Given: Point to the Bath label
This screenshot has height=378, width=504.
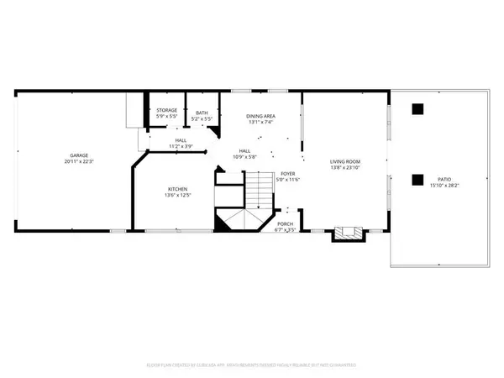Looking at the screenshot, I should (202, 113).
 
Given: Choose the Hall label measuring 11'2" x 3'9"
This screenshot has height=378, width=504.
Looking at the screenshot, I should (181, 140).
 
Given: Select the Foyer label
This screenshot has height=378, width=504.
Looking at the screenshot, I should (288, 173).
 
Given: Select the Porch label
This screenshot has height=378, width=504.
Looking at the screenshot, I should (286, 223).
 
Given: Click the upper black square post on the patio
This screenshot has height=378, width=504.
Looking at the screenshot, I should (417, 108).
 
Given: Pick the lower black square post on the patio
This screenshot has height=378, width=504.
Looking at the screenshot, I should (417, 178).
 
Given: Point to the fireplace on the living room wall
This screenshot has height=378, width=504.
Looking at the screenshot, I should (344, 233).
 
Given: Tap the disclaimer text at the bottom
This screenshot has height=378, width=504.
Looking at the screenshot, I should (252, 365).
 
